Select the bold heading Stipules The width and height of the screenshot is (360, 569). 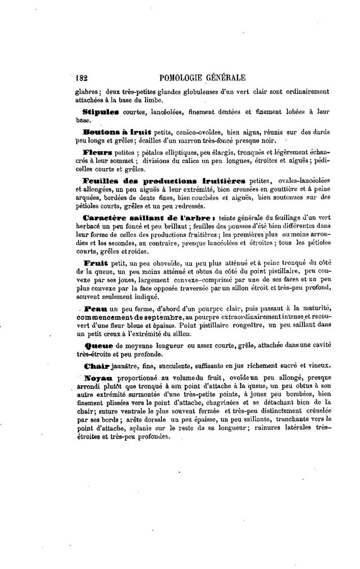tap(100, 111)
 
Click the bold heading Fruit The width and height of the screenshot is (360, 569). tap(94, 263)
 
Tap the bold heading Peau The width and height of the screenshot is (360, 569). tap(95, 309)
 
